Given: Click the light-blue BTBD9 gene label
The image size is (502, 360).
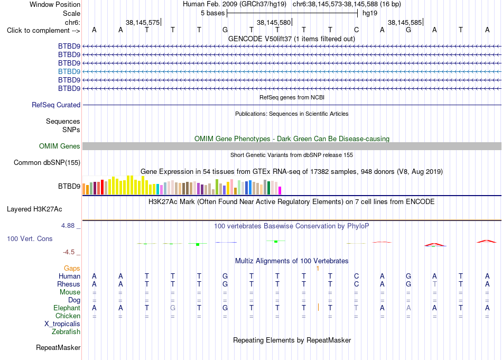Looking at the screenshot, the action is pos(69,71).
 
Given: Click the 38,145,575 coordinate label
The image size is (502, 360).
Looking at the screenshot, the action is pos(143,22).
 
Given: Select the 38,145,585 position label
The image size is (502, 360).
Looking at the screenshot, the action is pos(405,22).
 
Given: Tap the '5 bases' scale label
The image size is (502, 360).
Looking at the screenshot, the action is pos(212,13).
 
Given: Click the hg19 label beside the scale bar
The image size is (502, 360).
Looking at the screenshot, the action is pos(370,13).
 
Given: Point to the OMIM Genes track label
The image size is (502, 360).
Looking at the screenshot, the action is pos(60,146).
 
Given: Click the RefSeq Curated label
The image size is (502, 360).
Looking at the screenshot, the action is pos(56,105).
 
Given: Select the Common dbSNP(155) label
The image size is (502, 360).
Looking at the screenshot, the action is pos(47,162).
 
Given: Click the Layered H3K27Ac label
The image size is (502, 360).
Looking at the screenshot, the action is pos(34,209).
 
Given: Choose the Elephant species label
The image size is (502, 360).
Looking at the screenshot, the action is pos(67,308).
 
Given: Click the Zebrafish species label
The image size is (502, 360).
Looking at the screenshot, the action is pos(66,331).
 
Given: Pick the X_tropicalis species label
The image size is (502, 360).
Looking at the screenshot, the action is pos(62,324).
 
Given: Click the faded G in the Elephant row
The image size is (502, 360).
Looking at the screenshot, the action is pos(173,308).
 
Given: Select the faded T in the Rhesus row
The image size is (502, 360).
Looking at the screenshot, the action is pos(434,284).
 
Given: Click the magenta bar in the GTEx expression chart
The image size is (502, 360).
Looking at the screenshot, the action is pos(280,190).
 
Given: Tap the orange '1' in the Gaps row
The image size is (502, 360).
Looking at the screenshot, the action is pos(318,269).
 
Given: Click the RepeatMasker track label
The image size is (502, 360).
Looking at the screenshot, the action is pos(58,347).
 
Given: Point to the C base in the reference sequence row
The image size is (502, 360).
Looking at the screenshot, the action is pos(356,30).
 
